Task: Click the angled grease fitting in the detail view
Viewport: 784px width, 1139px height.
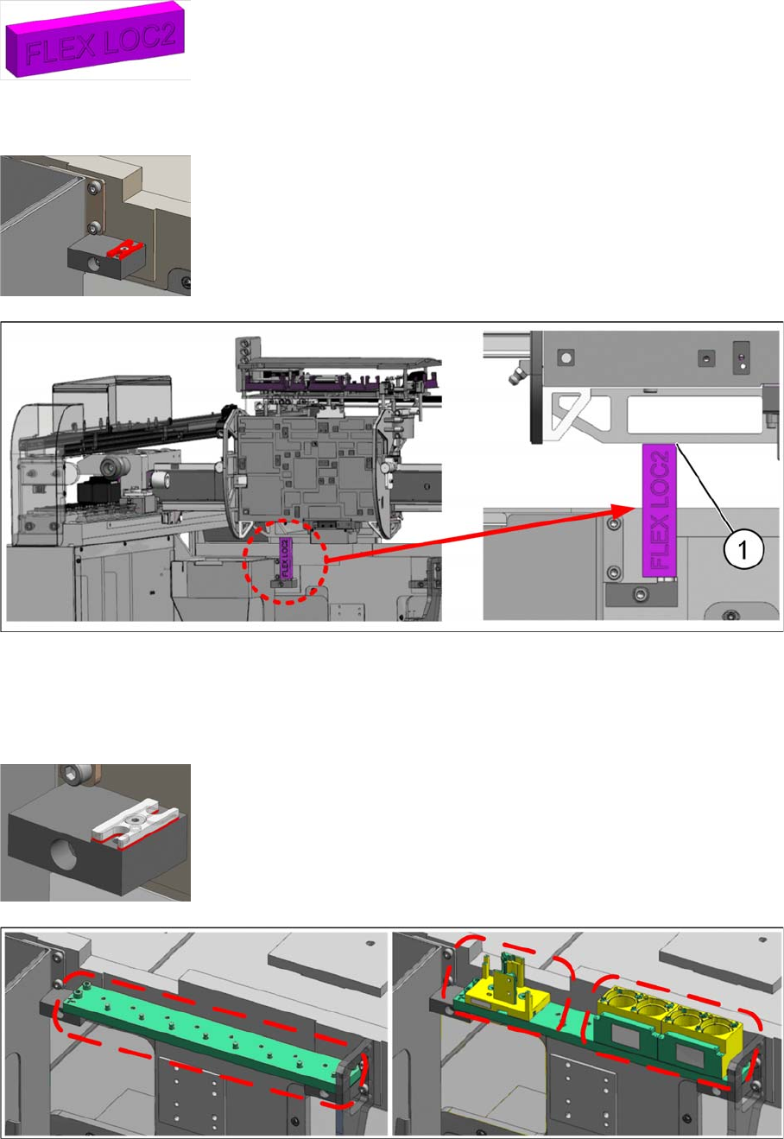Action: (516, 376)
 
